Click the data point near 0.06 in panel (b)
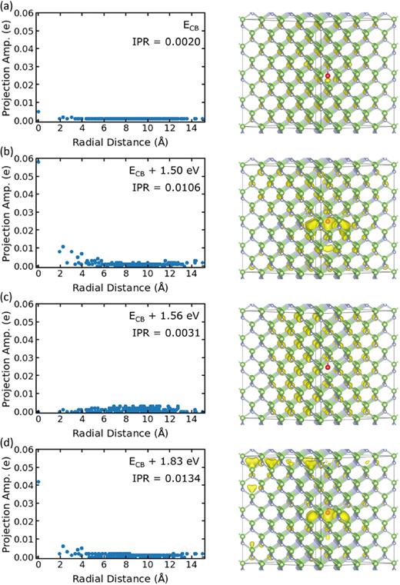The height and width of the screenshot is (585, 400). click(x=38, y=161)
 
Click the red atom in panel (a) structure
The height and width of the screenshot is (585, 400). click(x=328, y=76)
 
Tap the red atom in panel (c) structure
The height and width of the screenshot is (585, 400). click(x=328, y=367)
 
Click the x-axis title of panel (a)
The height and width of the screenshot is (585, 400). click(x=120, y=141)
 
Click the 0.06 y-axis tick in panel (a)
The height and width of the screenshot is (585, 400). click(x=25, y=15)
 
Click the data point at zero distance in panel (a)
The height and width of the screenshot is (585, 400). click(x=38, y=111)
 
